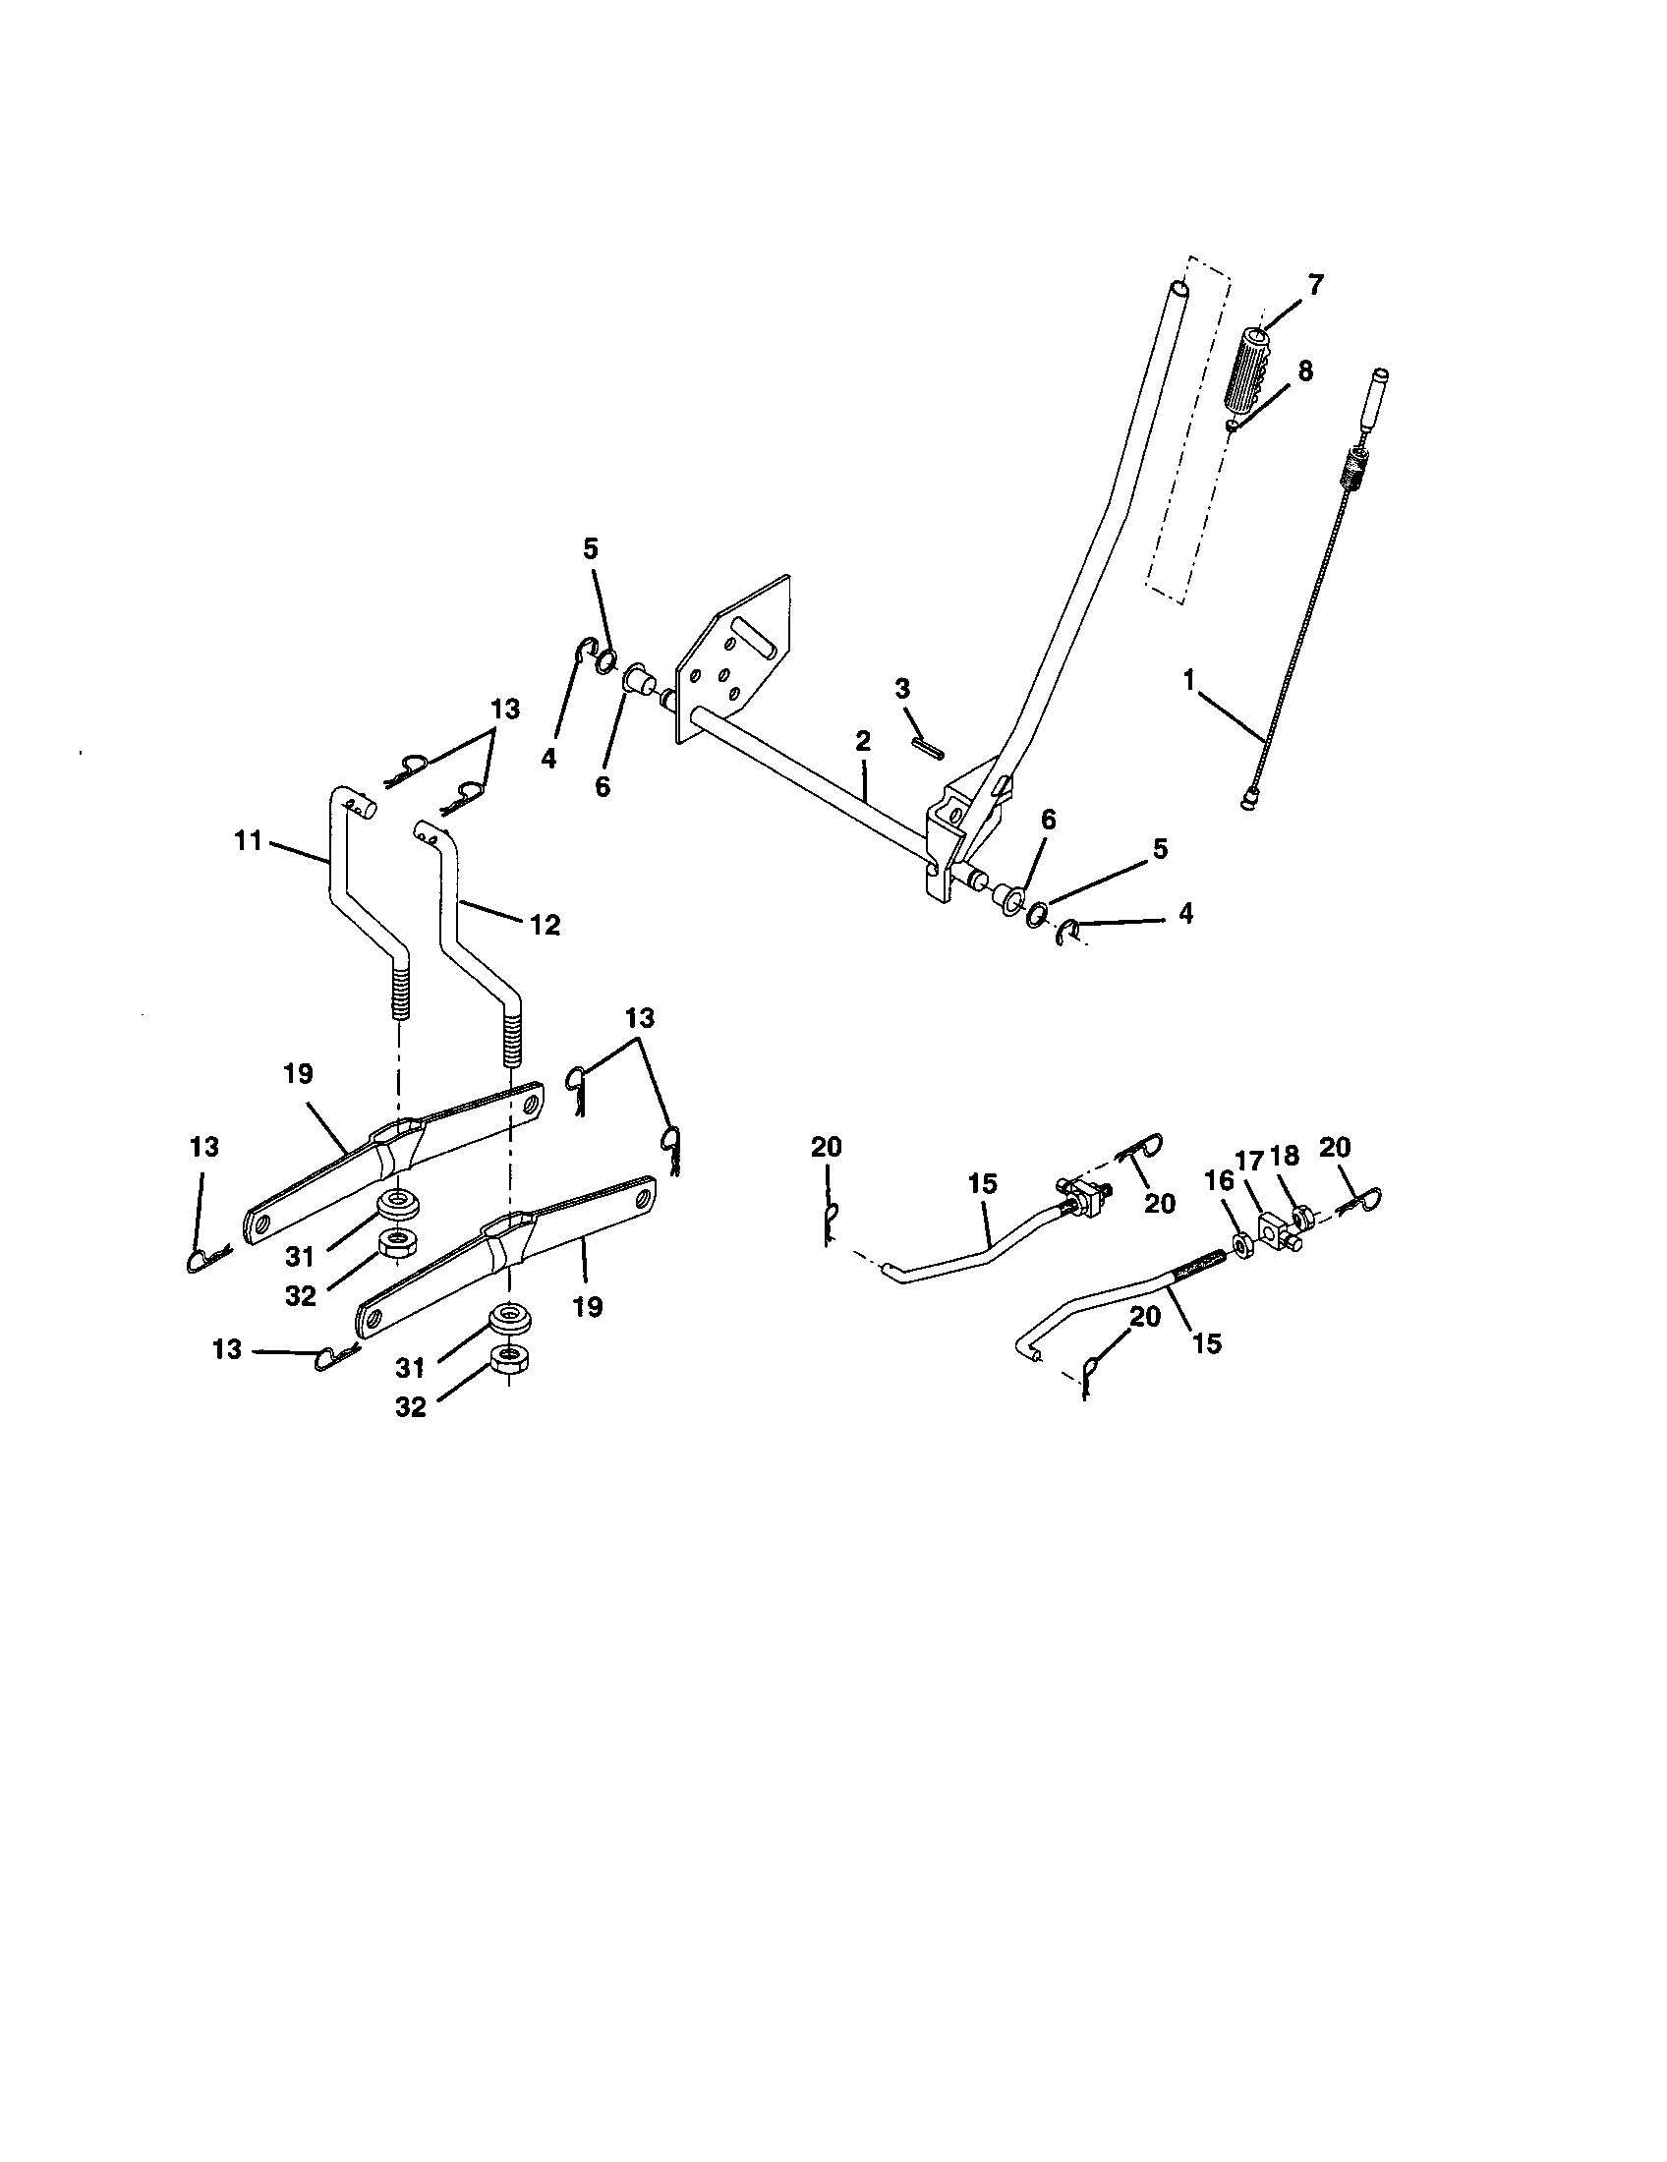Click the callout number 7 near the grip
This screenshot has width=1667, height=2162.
(1313, 285)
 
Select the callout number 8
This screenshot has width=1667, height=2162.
(1305, 370)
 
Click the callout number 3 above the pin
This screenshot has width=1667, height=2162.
(901, 689)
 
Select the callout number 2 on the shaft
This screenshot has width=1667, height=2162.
(863, 740)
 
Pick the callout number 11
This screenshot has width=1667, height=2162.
(248, 841)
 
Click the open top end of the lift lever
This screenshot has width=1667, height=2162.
(1178, 288)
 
